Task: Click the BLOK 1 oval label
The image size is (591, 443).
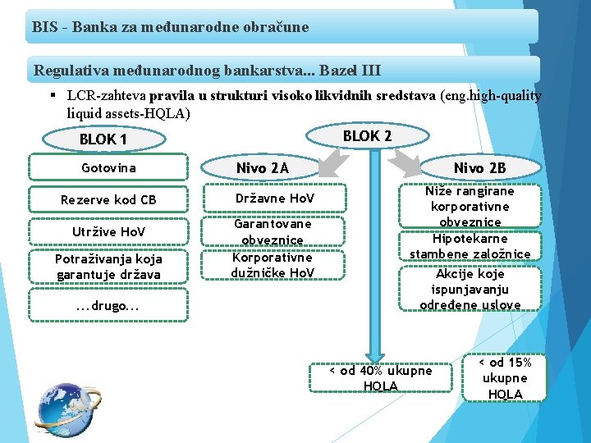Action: pyautogui.click(x=103, y=139)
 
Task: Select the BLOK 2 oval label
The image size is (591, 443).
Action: pyautogui.click(x=367, y=135)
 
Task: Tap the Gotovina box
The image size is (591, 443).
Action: pyautogui.click(x=109, y=168)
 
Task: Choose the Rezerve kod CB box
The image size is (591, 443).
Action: pyautogui.click(x=109, y=200)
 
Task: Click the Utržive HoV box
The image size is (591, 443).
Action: pyautogui.click(x=109, y=232)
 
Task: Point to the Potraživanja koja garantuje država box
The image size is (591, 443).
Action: pyautogui.click(x=109, y=267)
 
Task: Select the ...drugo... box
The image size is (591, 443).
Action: pyautogui.click(x=109, y=306)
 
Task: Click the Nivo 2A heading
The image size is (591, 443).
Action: pyautogui.click(x=262, y=168)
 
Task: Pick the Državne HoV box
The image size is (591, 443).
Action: pyautogui.click(x=273, y=200)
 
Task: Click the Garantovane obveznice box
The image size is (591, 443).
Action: pyautogui.click(x=273, y=231)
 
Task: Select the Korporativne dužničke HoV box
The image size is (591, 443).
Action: pyautogui.click(x=273, y=264)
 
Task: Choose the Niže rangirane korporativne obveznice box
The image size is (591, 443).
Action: pyautogui.click(x=470, y=206)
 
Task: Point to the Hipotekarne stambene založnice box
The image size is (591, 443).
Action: pyautogui.click(x=470, y=246)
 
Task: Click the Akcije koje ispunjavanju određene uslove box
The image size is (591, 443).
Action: pyautogui.click(x=470, y=289)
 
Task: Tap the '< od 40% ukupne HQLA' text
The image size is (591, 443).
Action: pyautogui.click(x=380, y=378)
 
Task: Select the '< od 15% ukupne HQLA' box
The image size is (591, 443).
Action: pyautogui.click(x=505, y=377)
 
